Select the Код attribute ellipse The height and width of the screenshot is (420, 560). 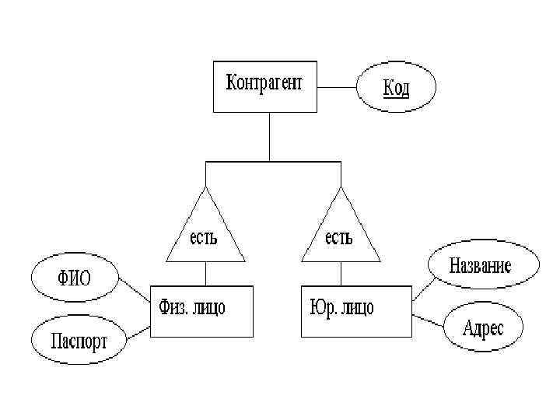click(x=395, y=87)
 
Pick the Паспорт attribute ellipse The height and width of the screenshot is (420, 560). click(x=78, y=339)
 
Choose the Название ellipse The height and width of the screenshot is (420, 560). click(x=480, y=266)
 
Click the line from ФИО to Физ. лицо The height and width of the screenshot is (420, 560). click(x=135, y=291)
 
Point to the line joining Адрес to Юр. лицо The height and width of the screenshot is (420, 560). click(x=430, y=320)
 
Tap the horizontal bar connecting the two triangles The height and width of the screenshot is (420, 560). click(x=272, y=162)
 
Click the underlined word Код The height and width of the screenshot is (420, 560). click(x=395, y=87)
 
